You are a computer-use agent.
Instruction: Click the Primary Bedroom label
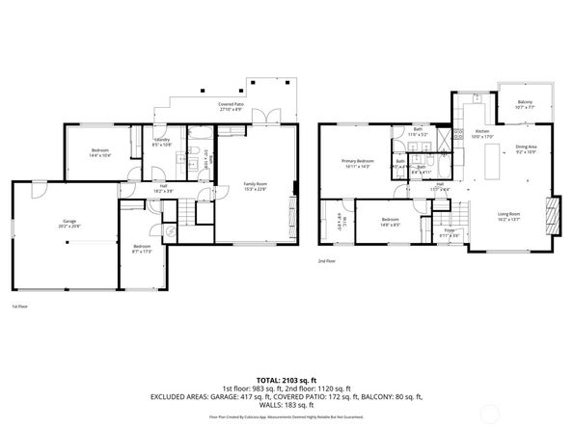pos(357,163)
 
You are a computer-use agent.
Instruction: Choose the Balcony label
pos(524,103)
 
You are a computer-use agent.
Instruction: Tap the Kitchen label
pos(482,133)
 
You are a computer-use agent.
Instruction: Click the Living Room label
pos(508,216)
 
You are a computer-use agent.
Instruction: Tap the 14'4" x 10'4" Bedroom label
pos(100,153)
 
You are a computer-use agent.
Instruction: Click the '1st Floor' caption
pos(19,307)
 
